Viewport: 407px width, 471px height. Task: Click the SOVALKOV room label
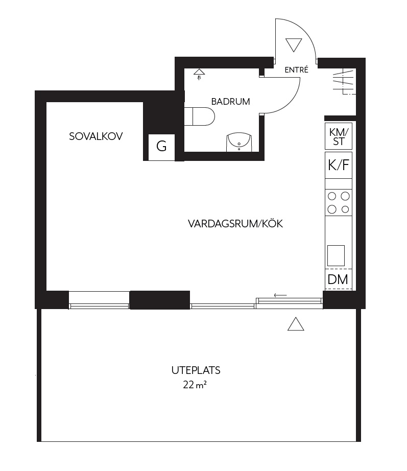[x=96, y=136]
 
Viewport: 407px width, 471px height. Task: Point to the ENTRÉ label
[x=297, y=70]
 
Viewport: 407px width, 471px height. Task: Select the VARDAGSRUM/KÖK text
[x=235, y=223]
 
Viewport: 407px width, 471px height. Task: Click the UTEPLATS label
[x=196, y=370]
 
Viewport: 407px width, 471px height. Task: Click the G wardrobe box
[x=161, y=147]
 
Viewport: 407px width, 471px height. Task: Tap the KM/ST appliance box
[x=339, y=136]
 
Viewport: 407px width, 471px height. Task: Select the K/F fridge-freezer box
[x=339, y=165]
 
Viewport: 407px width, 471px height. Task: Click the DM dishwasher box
[x=338, y=279]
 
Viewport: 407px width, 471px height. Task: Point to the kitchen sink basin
[x=336, y=255]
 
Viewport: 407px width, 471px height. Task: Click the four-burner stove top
[x=339, y=202]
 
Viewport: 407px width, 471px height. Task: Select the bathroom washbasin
[x=238, y=143]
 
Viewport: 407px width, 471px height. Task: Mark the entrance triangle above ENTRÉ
[x=294, y=44]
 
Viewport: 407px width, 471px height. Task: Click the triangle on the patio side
[x=296, y=324]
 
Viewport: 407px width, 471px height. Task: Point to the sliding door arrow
[x=280, y=295]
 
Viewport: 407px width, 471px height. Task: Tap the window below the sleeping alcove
[x=99, y=305]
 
